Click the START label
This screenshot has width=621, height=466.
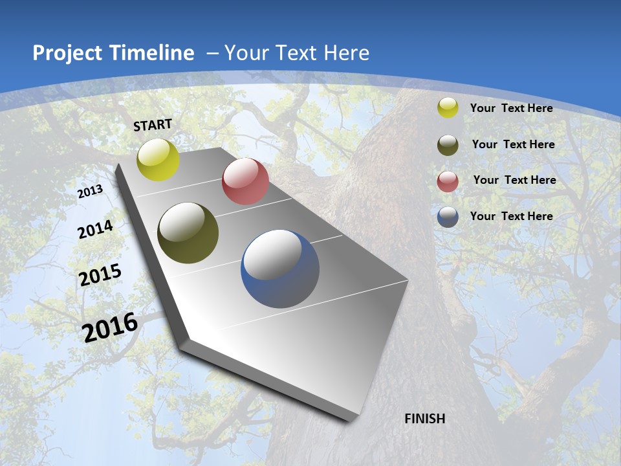click(x=153, y=125)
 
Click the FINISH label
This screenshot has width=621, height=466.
click(x=425, y=419)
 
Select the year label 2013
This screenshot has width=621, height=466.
click(x=90, y=192)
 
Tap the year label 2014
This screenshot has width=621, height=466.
click(x=95, y=230)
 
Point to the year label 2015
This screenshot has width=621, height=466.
click(x=100, y=275)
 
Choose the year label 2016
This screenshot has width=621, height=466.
click(x=110, y=327)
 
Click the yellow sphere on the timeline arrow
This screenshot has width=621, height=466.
click(x=158, y=159)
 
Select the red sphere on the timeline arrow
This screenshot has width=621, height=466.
click(x=245, y=181)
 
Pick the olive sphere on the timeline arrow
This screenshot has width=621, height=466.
click(x=188, y=233)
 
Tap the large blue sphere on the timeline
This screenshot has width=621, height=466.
click(x=280, y=269)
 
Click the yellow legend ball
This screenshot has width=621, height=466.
click(x=448, y=108)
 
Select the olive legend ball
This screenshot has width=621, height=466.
click(x=448, y=144)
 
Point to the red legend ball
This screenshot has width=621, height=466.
click(x=448, y=181)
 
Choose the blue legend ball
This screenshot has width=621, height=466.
click(x=448, y=217)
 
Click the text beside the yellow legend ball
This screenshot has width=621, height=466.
click(x=511, y=108)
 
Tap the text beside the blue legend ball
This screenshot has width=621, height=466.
click(x=511, y=216)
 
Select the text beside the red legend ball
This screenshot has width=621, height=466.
click(x=514, y=180)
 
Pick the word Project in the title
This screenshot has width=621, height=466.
click(x=67, y=53)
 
